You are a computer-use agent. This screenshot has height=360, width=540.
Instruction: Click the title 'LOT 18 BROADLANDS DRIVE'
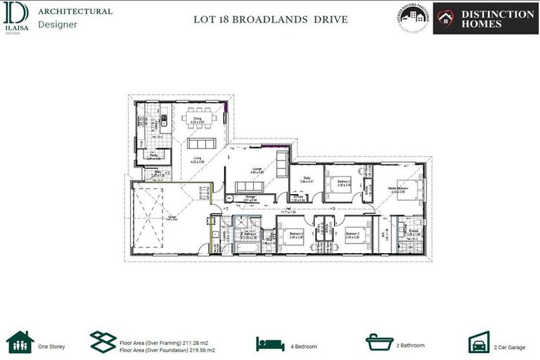click(270, 19)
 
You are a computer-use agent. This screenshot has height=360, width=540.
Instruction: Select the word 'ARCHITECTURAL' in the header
click(75, 11)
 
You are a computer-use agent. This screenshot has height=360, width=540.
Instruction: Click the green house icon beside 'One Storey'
click(19, 342)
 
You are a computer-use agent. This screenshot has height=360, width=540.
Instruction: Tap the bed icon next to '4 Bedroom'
click(270, 344)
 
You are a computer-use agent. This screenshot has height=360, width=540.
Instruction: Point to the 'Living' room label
click(198, 158)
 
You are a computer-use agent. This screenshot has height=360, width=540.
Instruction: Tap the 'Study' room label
click(307, 178)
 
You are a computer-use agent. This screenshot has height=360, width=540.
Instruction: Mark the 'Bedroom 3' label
click(352, 234)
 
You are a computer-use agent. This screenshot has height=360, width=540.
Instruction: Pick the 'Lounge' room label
click(257, 169)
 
